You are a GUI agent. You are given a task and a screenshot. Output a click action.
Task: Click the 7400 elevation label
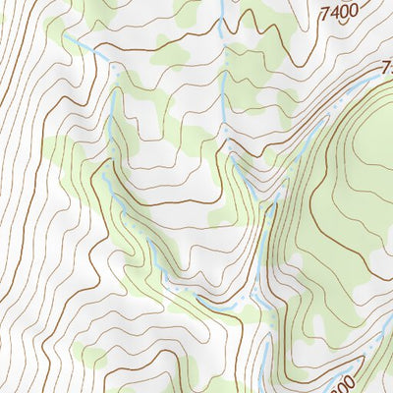coord(343,13)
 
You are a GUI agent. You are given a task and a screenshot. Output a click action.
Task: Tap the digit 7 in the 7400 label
coord(327,11)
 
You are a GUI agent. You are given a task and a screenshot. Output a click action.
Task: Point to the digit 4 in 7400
coord(337,12)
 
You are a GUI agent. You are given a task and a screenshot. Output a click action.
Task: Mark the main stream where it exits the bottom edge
coord(263,390)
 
